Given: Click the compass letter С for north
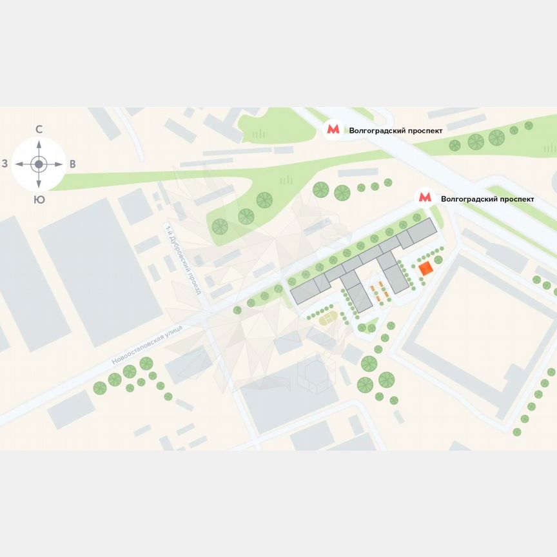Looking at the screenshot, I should coord(39,130).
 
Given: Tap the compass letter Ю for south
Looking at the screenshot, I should coord(39,200).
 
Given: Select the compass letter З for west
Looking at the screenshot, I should coord(5,164).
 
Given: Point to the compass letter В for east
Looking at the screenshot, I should coord(72,164).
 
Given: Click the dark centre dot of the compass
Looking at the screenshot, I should coord(39,164).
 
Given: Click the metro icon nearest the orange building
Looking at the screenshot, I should coord(425,198).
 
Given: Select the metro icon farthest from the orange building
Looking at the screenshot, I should coord(333,129).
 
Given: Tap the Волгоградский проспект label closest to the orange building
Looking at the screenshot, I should coord(487,199).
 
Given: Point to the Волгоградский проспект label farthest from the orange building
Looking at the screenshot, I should coord(395,130).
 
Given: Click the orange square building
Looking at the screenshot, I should coord(425,269).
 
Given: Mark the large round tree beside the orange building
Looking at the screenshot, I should coord(438,259).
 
